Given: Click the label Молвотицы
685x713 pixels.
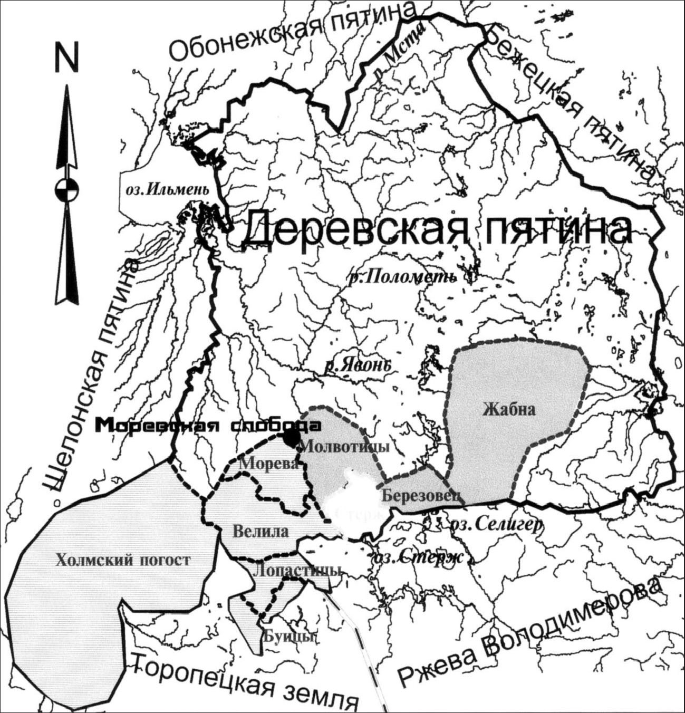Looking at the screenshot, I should [x=344, y=447].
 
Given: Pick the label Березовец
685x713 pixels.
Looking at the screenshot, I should [x=422, y=496].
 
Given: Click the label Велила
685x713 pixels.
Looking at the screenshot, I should [x=261, y=531].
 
